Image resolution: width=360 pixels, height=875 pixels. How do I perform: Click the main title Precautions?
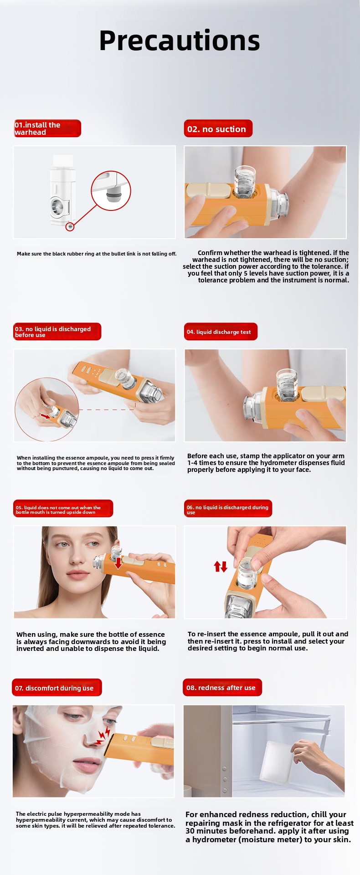pyautogui.click(x=180, y=41)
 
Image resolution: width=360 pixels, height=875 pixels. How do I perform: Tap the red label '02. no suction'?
pyautogui.click(x=218, y=129)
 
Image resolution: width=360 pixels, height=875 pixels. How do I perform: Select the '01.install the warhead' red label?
pyautogui.click(x=47, y=128)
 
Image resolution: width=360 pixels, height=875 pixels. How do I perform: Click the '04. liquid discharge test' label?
pyautogui.click(x=221, y=332)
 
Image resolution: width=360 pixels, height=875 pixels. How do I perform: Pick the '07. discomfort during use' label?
pyautogui.click(x=57, y=688)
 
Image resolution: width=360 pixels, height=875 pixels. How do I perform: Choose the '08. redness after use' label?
pyautogui.click(x=223, y=687)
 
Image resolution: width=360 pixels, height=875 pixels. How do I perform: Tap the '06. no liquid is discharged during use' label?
pyautogui.click(x=228, y=509)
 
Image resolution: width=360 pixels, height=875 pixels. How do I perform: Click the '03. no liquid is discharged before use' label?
pyautogui.click(x=57, y=332)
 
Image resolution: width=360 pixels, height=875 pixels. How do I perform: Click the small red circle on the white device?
pyautogui.click(x=70, y=226)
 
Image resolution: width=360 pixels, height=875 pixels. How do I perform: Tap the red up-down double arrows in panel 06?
pyautogui.click(x=221, y=566)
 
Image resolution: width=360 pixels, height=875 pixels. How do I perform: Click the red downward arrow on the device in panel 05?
pyautogui.click(x=118, y=563)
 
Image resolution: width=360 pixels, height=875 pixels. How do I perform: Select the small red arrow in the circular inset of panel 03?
pyautogui.click(x=46, y=416)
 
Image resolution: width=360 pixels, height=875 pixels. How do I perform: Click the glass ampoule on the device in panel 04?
pyautogui.click(x=286, y=384)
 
